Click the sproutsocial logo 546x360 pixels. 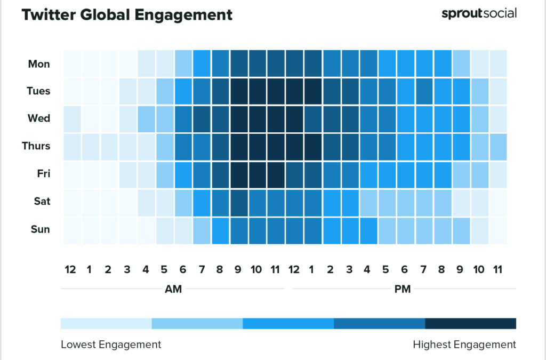point(479,13)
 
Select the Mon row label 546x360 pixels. point(39,64)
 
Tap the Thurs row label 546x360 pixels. point(36,146)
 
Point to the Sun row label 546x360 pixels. point(39,229)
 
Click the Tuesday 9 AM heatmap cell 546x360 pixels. point(239,91)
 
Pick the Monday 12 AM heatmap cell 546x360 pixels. point(72,64)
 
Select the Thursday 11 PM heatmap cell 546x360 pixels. point(498,146)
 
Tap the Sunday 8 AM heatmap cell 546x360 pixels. point(220,229)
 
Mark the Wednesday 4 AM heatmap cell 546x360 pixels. point(146,118)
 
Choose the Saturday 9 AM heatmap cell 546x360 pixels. point(239,202)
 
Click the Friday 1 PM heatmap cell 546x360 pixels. point(313,174)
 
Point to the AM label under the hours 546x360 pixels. point(173,289)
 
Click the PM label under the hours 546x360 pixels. point(402,289)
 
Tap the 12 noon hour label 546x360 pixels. point(293,269)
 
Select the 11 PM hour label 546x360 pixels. point(498,269)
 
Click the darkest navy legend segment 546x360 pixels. point(470,324)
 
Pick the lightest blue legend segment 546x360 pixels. point(106,324)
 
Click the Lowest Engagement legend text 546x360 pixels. point(111,345)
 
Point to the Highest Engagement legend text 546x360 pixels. point(464,345)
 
